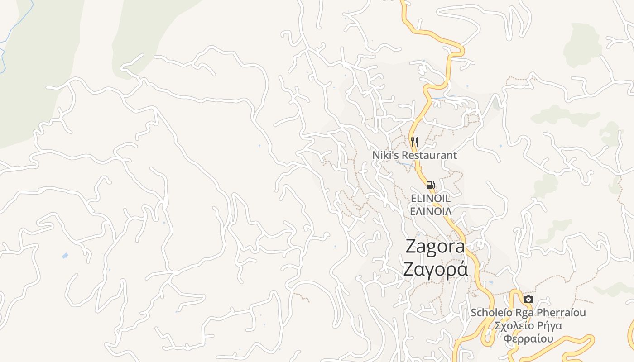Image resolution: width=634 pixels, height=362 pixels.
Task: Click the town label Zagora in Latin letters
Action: coord(435,247)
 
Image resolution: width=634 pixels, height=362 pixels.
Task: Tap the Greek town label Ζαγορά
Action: coord(435,270)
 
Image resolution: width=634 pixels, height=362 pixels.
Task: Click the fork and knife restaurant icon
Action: coord(414,142)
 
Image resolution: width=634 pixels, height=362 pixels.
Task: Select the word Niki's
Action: coord(384,155)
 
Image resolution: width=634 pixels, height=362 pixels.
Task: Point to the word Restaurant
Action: coord(428,155)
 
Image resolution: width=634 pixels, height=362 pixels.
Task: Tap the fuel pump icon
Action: coord(430,185)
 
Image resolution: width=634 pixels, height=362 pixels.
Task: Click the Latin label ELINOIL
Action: coord(430,198)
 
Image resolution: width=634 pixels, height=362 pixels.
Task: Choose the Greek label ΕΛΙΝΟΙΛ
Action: coord(430,211)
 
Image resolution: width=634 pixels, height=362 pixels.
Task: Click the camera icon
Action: coord(528,300)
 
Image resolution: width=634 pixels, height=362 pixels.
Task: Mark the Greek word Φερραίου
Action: coord(528,339)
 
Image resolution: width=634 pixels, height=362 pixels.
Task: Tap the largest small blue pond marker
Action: coord(65,256)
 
